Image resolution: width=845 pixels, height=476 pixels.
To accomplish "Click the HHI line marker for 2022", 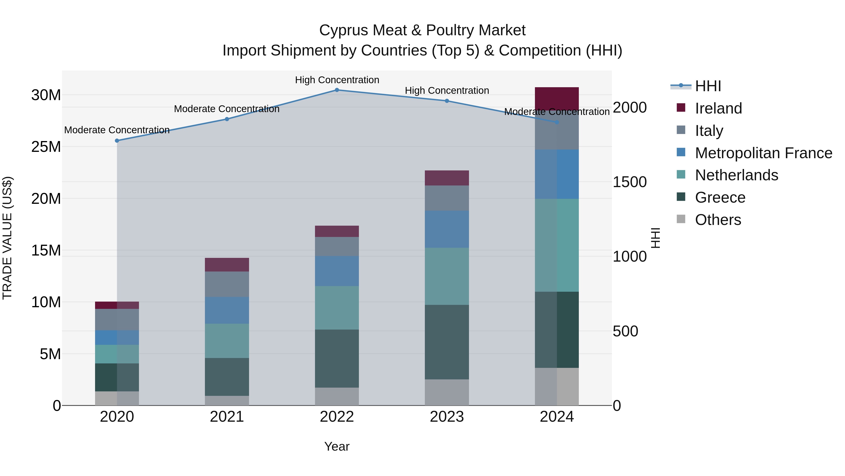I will [x=337, y=90].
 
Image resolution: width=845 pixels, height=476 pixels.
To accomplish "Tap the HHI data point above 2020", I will [x=117, y=141].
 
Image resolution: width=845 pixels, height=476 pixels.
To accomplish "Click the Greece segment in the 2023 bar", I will [x=447, y=342].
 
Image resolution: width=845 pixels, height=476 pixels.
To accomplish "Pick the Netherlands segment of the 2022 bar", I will [x=337, y=308].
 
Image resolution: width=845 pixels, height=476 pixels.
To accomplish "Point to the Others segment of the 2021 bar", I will [x=227, y=401].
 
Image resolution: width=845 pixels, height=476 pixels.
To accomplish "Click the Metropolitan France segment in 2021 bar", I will [x=227, y=311].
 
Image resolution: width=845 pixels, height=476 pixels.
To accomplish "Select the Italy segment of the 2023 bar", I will [x=447, y=198].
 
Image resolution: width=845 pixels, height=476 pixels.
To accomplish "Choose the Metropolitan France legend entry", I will [x=763, y=153].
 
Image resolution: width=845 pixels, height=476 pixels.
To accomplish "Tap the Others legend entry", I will [x=718, y=220].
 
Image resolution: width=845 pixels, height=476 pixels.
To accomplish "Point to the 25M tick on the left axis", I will [x=46, y=147].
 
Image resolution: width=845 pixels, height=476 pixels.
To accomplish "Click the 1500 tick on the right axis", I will [x=630, y=182].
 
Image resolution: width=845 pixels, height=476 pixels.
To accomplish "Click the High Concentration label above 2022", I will [x=337, y=80].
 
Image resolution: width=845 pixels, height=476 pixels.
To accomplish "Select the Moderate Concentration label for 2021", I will [x=227, y=109].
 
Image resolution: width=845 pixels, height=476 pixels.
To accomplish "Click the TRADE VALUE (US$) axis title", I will [x=7, y=238].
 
